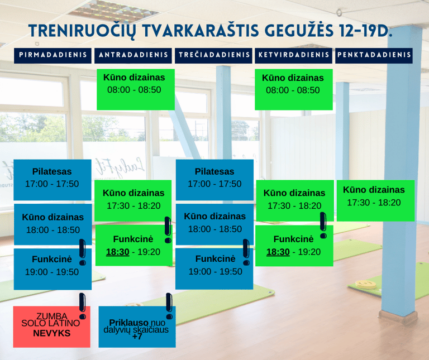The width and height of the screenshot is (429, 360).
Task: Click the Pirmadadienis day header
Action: point(53,55)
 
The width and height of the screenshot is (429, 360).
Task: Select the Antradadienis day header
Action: point(133,55)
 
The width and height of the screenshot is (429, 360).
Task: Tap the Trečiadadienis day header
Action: point(213,55)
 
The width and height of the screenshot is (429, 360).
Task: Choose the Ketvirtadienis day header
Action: point(294,55)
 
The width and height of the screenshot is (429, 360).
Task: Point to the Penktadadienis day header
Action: point(374,55)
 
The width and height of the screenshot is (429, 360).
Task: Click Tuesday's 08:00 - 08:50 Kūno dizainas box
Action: point(136,89)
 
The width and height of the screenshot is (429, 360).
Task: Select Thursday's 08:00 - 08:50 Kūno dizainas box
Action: point(294,89)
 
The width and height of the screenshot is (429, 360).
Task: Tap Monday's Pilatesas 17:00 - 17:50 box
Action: point(53,180)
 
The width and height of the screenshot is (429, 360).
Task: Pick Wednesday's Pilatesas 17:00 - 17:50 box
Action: point(214,180)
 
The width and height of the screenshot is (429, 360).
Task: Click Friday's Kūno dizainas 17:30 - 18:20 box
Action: point(375,200)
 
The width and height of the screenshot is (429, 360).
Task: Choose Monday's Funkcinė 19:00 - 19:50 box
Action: point(53,269)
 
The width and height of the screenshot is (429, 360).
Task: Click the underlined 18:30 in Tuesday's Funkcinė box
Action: point(118,252)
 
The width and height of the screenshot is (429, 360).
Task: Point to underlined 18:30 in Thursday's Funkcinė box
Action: point(278,252)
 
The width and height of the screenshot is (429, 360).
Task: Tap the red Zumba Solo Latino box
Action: point(52,327)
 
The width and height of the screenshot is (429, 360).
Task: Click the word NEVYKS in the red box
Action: point(52,333)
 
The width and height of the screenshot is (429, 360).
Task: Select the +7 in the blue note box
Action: point(137,336)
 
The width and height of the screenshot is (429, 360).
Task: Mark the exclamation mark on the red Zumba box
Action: point(82,306)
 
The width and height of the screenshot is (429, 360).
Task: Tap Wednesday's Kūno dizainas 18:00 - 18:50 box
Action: point(214,224)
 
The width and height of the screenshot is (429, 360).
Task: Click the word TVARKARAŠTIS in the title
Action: point(201,31)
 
